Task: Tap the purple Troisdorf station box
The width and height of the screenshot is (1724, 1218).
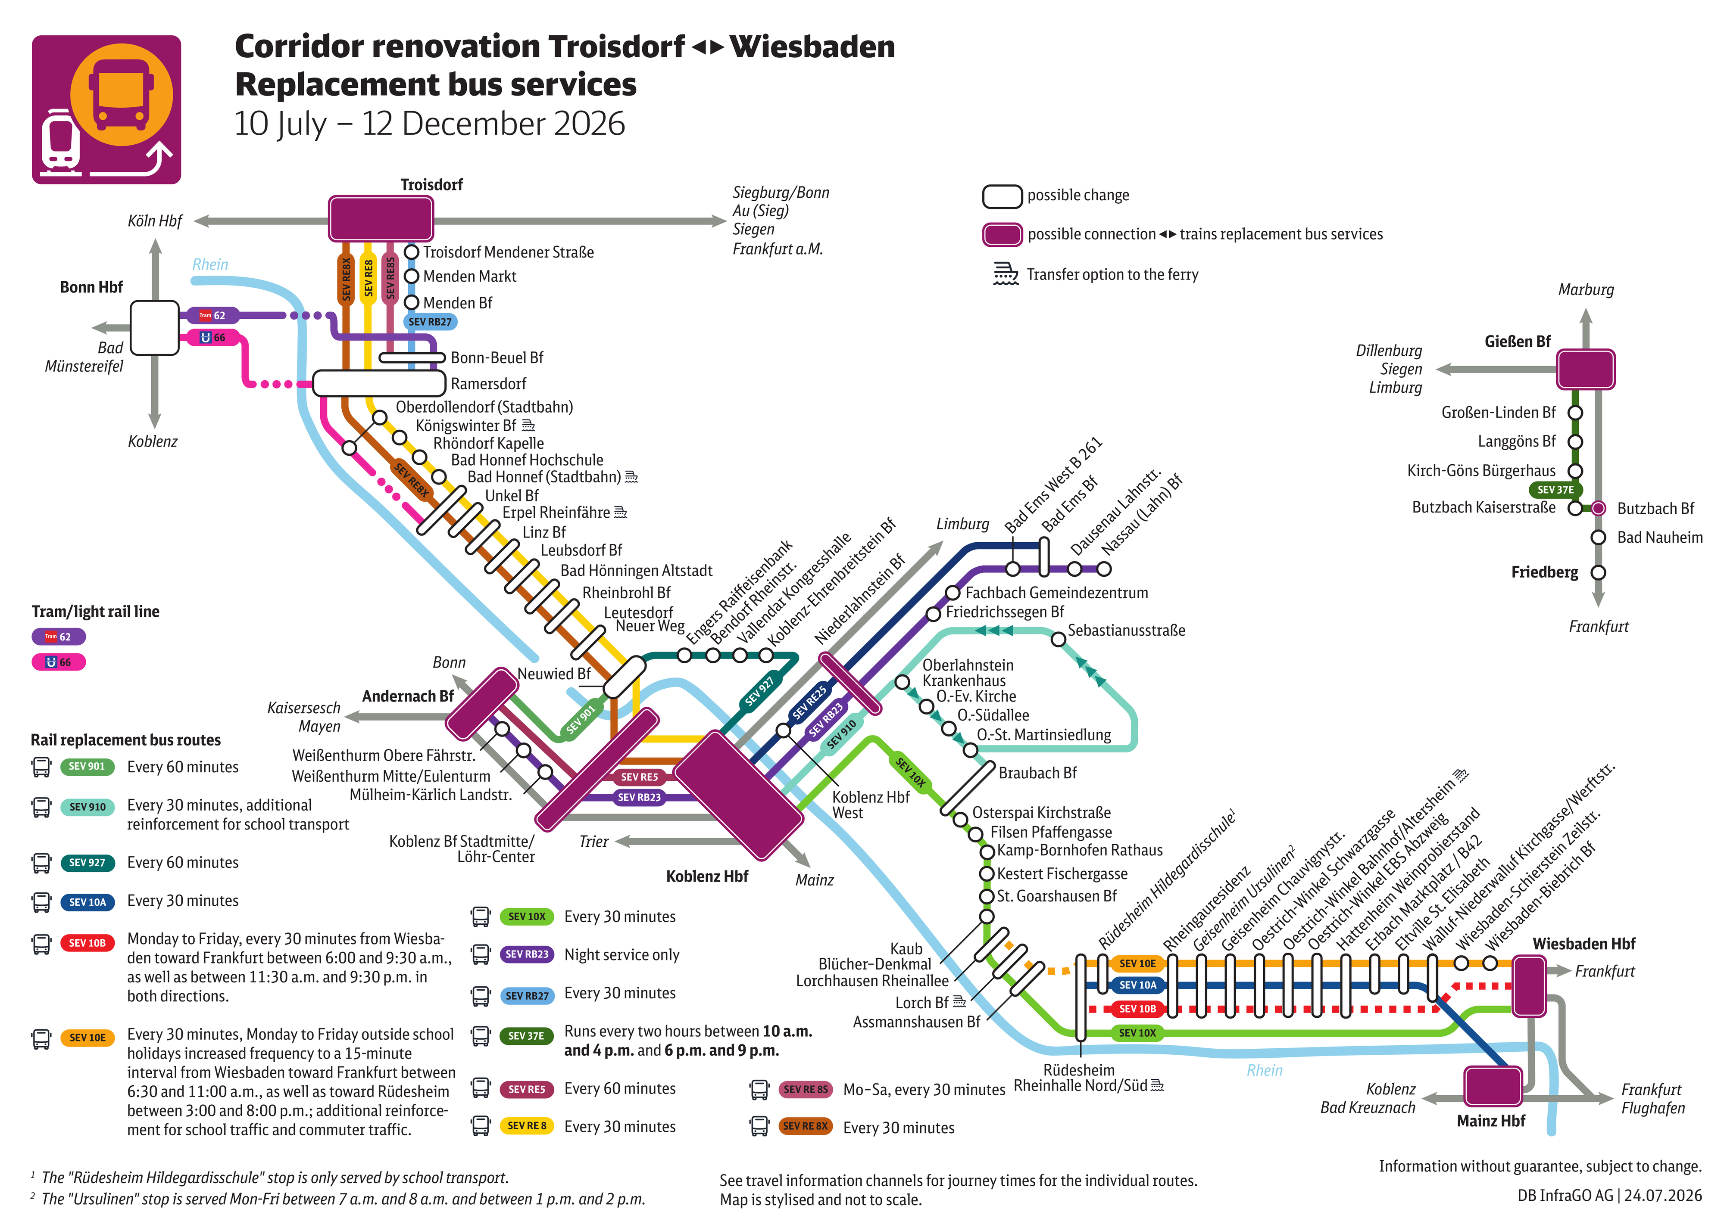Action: tap(381, 218)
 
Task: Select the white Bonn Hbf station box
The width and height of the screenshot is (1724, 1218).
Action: tap(155, 328)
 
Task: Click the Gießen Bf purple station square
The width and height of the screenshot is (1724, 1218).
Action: tap(1585, 369)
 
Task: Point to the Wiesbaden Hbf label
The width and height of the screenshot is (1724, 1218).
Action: tap(1583, 943)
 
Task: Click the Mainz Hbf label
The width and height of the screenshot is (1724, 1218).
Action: tap(1490, 1120)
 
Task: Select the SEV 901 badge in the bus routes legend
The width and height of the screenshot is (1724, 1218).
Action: tap(87, 766)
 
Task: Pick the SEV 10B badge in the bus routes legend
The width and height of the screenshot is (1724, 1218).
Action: tap(87, 943)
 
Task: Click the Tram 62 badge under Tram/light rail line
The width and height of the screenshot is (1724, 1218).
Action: tap(59, 637)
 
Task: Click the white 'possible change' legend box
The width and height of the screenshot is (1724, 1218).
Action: tap(1003, 196)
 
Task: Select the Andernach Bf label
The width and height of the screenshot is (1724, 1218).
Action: tap(408, 696)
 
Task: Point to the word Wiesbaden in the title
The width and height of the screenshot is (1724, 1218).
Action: tap(812, 47)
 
